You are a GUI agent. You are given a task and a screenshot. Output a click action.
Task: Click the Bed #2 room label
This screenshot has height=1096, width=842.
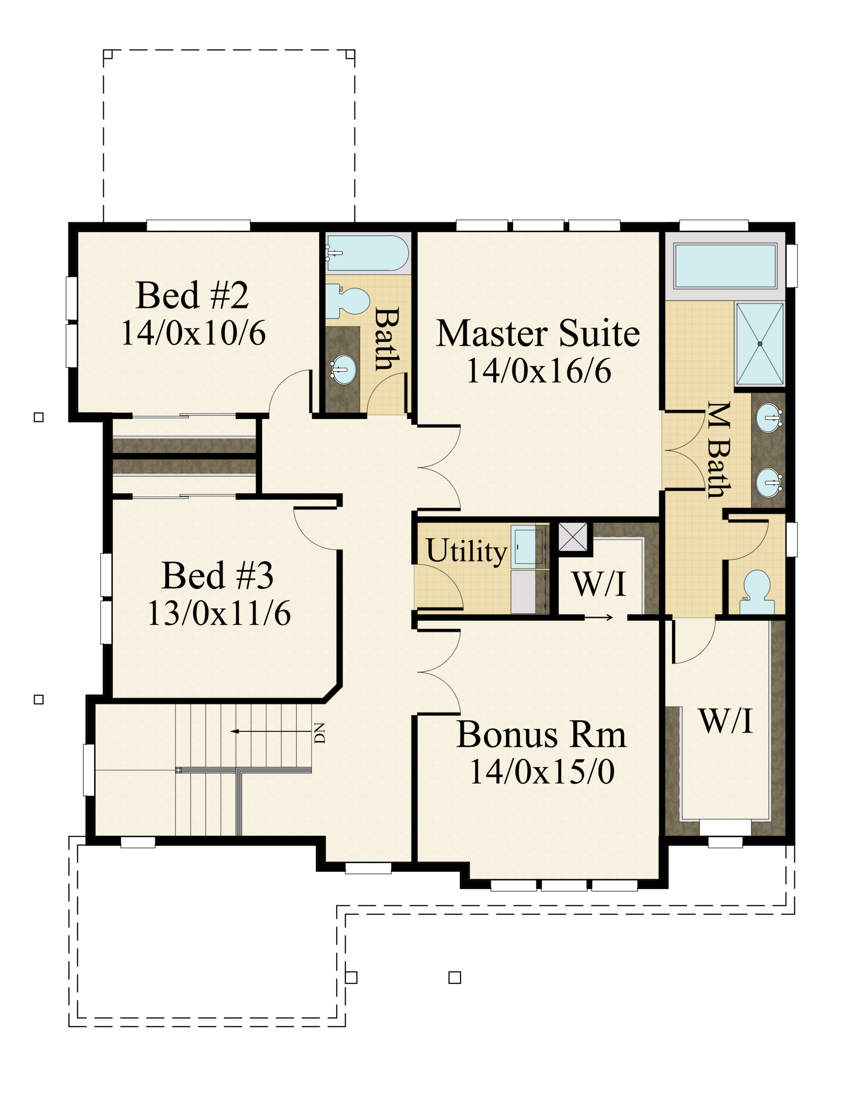(192, 296)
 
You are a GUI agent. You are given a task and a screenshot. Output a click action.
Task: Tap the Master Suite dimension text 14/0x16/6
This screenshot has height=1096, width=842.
(538, 372)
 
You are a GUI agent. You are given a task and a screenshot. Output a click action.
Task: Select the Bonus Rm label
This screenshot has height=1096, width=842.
(541, 735)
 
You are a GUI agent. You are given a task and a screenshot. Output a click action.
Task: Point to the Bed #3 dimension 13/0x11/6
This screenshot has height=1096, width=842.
(219, 613)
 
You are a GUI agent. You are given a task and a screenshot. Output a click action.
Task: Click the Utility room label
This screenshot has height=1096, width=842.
(466, 551)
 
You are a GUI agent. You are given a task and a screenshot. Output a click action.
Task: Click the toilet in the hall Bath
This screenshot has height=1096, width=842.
(347, 301)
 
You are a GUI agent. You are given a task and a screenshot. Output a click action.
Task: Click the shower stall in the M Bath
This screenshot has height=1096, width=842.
(760, 343)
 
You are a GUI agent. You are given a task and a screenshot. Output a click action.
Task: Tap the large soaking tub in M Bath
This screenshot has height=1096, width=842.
(725, 266)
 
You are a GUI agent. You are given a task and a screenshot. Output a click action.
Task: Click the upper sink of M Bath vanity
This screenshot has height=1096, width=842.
(768, 417)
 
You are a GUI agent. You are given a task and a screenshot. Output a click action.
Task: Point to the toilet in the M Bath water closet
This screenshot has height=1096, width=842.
(757, 592)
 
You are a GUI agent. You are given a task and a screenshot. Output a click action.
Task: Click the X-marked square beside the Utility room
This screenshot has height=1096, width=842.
(573, 536)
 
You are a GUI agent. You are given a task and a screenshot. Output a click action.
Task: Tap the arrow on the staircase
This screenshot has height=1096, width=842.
(271, 732)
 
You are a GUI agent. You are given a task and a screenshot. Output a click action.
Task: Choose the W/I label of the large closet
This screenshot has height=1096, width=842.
(726, 721)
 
